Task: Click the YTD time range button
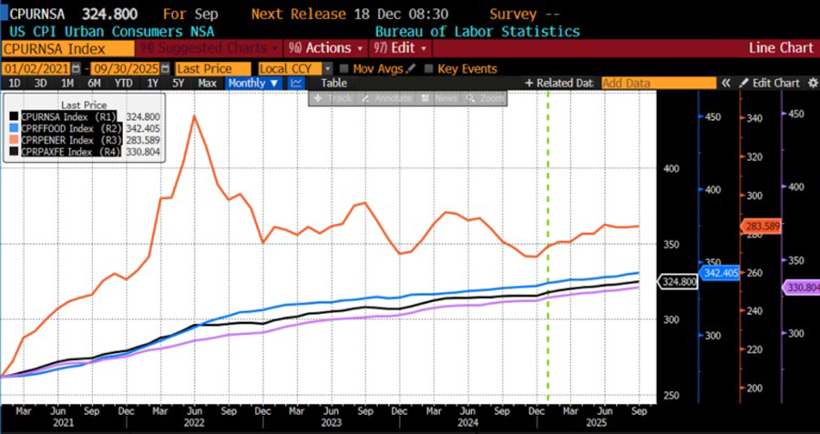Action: [125, 83]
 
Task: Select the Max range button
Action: [207, 83]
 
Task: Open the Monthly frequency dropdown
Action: [252, 83]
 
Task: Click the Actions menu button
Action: [325, 47]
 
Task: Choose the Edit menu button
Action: [400, 47]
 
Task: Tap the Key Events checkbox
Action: [430, 69]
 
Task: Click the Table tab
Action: [333, 83]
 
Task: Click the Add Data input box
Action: [651, 83]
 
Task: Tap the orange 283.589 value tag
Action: [753, 226]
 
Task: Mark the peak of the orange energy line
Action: [194, 116]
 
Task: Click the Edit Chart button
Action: [769, 83]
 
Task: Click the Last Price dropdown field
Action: [212, 69]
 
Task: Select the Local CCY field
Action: [294, 69]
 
